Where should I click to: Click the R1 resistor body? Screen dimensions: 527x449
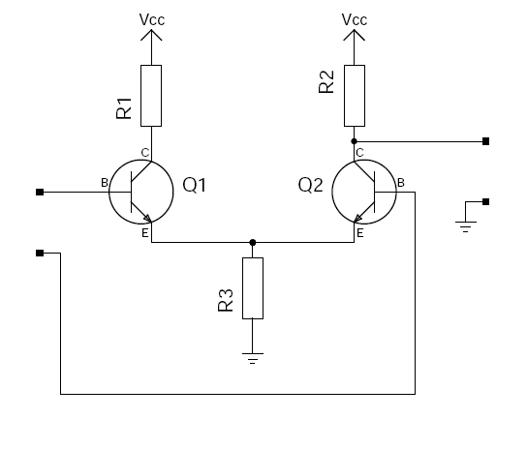click(x=151, y=96)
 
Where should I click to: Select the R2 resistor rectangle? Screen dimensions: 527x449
click(x=355, y=96)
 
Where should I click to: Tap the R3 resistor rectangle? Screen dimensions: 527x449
click(x=253, y=288)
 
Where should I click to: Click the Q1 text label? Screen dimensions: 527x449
click(x=195, y=185)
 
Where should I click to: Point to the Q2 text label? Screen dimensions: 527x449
click(x=311, y=185)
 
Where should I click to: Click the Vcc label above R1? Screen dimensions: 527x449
click(x=152, y=19)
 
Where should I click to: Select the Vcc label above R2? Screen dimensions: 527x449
click(x=355, y=19)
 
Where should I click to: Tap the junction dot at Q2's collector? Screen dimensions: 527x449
click(x=354, y=141)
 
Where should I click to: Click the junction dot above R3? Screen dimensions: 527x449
click(x=253, y=242)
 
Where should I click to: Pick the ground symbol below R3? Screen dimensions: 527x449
click(x=253, y=358)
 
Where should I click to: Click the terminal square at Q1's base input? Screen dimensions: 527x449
click(x=40, y=193)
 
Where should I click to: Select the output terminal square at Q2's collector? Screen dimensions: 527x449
click(x=485, y=141)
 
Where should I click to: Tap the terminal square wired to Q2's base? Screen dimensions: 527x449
click(x=40, y=253)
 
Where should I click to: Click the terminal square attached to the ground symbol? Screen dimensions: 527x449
click(x=485, y=201)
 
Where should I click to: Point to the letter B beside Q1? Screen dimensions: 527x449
click(x=105, y=183)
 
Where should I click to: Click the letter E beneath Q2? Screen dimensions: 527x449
click(x=360, y=233)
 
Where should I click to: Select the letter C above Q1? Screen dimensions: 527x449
click(x=145, y=153)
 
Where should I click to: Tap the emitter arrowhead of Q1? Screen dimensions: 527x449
click(x=148, y=219)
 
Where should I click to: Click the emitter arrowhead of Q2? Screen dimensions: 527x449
click(x=358, y=219)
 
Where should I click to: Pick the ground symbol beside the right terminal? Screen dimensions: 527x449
click(x=466, y=226)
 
